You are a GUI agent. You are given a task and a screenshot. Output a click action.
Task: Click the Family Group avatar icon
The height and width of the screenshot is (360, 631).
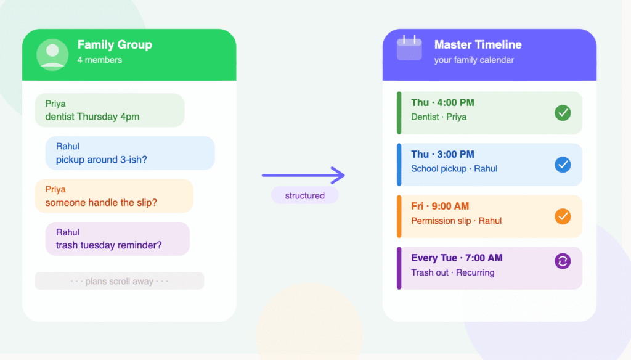tap(52, 54)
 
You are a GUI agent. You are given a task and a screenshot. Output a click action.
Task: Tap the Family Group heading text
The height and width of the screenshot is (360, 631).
tap(115, 45)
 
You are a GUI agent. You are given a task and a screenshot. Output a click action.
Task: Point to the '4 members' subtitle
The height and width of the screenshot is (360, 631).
tap(100, 60)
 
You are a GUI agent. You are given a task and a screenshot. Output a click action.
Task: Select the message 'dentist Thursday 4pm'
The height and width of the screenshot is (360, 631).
tap(92, 117)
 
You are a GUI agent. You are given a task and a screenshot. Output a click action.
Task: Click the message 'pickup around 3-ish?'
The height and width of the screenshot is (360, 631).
tap(102, 160)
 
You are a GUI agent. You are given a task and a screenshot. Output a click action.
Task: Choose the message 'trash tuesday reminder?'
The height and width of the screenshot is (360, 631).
tap(109, 245)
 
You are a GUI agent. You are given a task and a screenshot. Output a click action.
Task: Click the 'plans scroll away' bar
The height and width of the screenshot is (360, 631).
tap(120, 281)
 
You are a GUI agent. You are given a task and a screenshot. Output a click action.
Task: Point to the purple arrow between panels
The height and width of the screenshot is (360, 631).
tap(303, 176)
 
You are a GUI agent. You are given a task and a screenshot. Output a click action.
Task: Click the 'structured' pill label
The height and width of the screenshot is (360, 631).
tap(304, 196)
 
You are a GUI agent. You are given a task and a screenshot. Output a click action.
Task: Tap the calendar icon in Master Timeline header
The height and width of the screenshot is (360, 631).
tap(409, 48)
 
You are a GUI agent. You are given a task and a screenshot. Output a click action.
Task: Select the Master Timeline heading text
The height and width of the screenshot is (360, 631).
tap(478, 45)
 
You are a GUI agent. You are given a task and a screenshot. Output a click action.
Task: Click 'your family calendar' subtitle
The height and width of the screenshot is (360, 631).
tap(474, 60)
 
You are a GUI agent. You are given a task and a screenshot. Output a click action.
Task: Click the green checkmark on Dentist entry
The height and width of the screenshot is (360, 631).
tap(563, 113)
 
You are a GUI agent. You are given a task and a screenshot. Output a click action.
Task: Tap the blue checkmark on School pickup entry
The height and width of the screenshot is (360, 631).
tap(563, 165)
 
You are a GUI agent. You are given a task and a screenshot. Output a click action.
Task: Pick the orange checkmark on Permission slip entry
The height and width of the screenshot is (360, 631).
tap(563, 216)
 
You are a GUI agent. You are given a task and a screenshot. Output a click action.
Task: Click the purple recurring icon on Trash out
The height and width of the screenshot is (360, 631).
tap(563, 261)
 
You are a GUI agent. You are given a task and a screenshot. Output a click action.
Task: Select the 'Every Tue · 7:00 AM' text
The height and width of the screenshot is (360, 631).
tap(457, 258)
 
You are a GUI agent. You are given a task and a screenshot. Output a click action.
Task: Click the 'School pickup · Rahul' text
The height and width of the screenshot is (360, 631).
tap(454, 169)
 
